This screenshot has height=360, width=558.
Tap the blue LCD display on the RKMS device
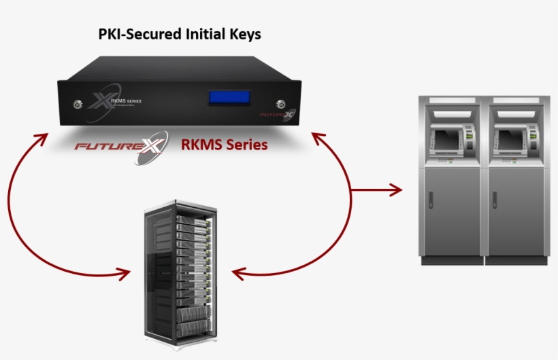click(228, 98)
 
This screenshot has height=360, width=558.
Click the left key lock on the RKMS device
click(76, 105)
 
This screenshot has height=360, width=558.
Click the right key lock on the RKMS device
click(279, 104)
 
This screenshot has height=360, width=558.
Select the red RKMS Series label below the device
click(223, 145)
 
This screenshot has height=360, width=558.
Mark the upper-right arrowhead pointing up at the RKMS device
click(318, 139)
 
